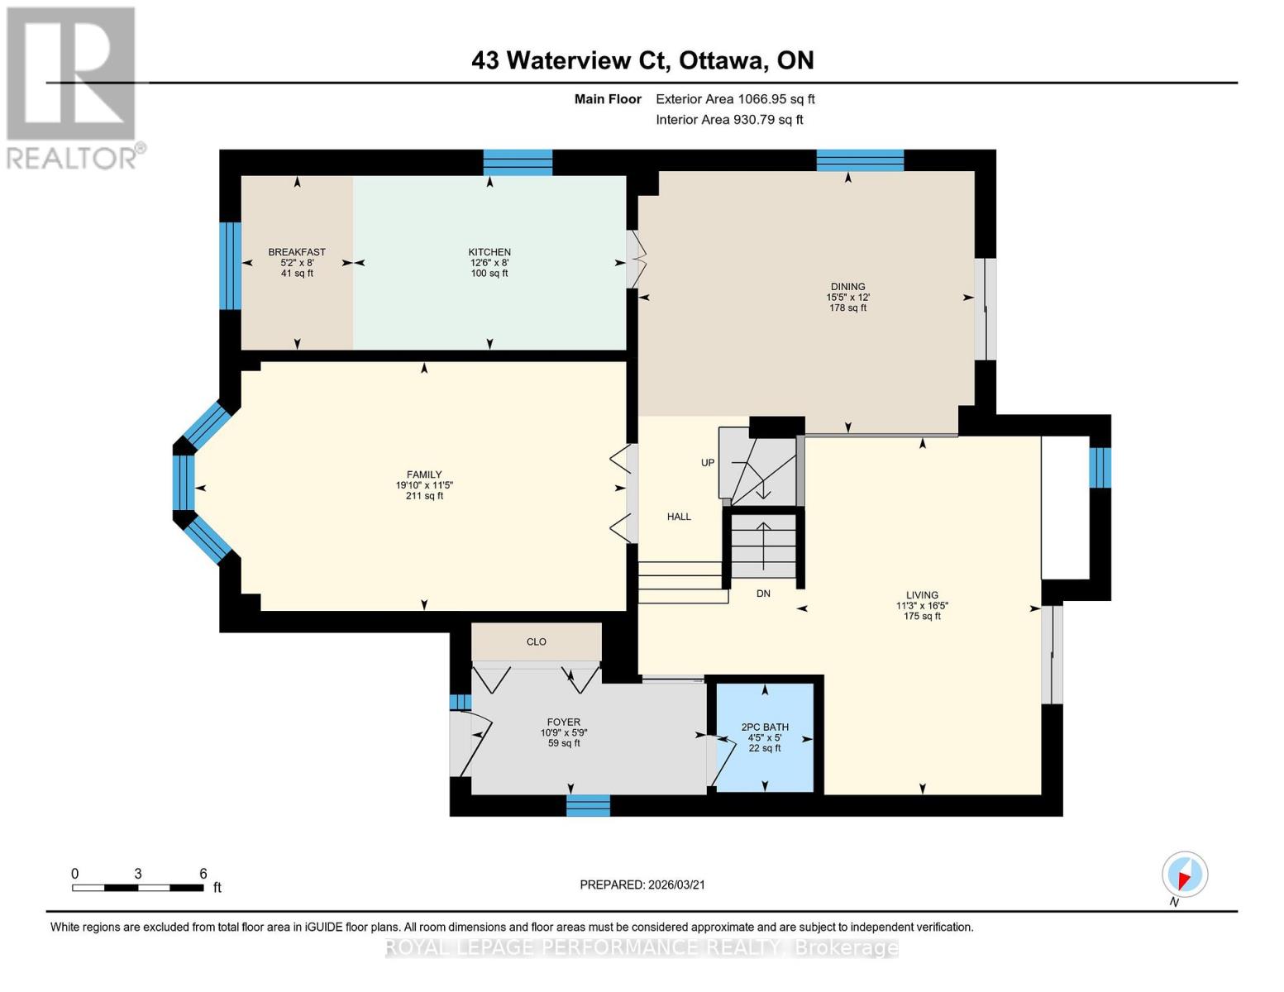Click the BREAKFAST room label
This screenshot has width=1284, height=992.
[x=296, y=252]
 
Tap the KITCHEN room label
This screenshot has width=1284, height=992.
[x=489, y=252]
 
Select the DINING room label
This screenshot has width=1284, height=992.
[x=847, y=287]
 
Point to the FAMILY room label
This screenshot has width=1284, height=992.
[x=424, y=475]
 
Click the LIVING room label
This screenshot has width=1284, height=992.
[x=922, y=594]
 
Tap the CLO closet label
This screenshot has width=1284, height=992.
[x=536, y=641]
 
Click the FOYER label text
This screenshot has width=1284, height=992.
[x=564, y=722]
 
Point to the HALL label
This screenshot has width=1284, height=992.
[x=679, y=517]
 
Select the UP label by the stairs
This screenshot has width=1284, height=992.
[x=708, y=463]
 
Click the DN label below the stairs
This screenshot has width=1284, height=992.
[x=763, y=594]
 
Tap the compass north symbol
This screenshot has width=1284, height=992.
[x=1184, y=875]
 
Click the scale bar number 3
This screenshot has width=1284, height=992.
[x=138, y=874]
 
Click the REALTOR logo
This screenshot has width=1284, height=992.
[x=72, y=87]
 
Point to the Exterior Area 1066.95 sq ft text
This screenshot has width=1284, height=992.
[x=735, y=99]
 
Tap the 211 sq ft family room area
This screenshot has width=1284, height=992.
[x=424, y=496]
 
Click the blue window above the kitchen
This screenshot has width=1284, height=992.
[x=518, y=162]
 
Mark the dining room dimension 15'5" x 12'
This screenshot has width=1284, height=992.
[x=847, y=298]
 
